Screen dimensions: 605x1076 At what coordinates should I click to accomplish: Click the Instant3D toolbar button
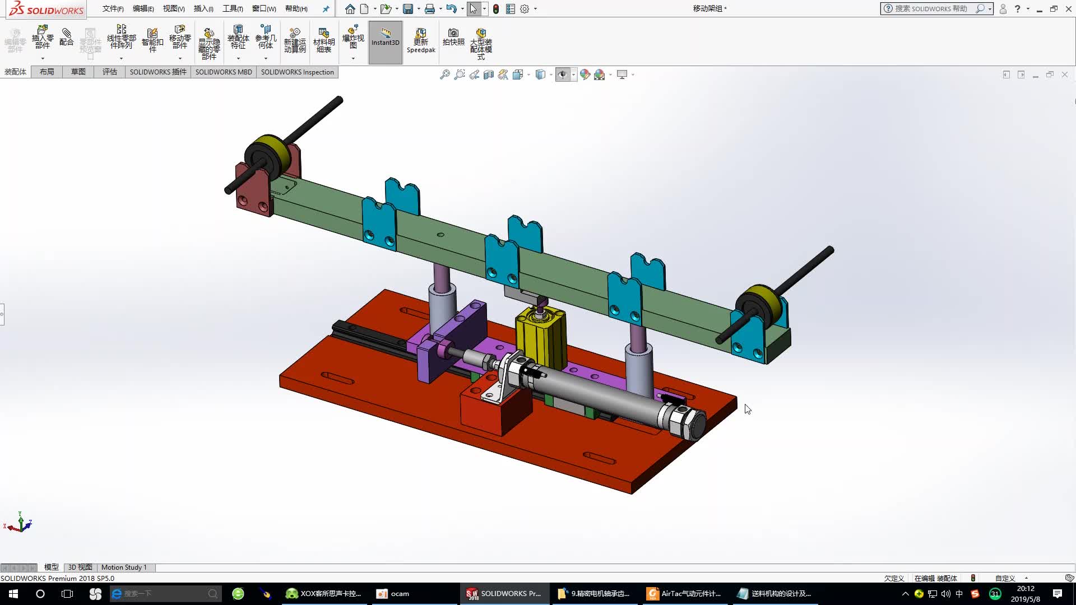click(385, 42)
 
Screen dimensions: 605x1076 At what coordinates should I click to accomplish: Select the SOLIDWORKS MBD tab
click(223, 72)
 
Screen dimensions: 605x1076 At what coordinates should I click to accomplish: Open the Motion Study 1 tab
click(124, 567)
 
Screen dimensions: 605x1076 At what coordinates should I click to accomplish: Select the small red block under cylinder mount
click(488, 415)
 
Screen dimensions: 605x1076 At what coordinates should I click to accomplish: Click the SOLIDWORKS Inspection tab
click(297, 72)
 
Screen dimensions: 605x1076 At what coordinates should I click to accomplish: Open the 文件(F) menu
click(113, 8)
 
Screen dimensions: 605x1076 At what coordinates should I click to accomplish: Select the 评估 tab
click(109, 72)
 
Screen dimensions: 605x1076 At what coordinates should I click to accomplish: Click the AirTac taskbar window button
click(685, 593)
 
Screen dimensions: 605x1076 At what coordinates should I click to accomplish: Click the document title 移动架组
click(708, 8)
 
